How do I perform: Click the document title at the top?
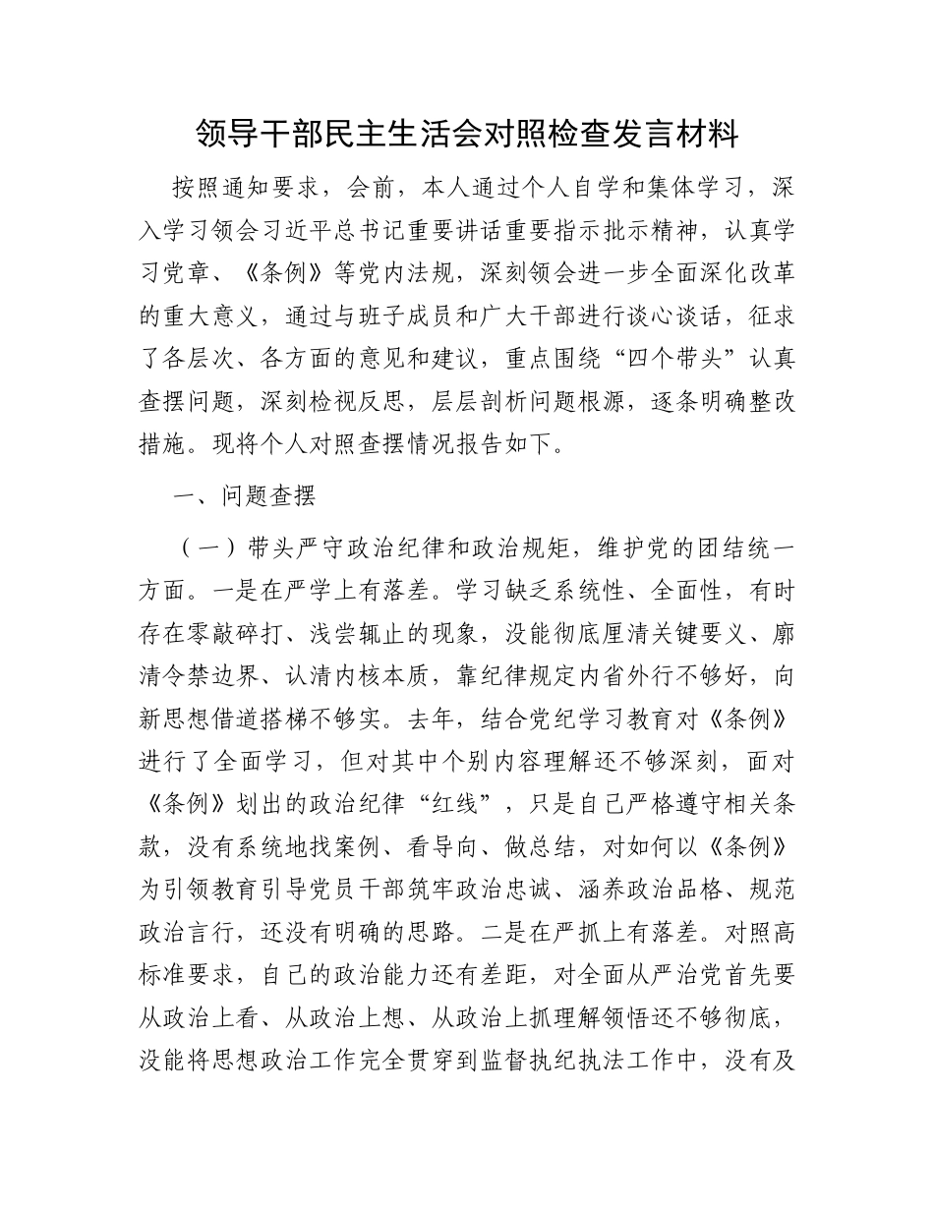[x=467, y=133]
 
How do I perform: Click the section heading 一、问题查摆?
[x=244, y=496]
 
